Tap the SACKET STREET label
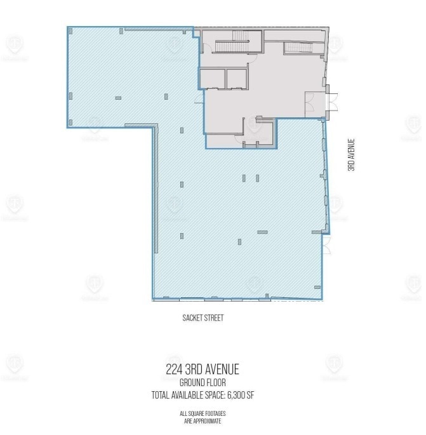point(203,318)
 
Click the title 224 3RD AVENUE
point(203,370)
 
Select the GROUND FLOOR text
point(203,383)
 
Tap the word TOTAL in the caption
point(162,395)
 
